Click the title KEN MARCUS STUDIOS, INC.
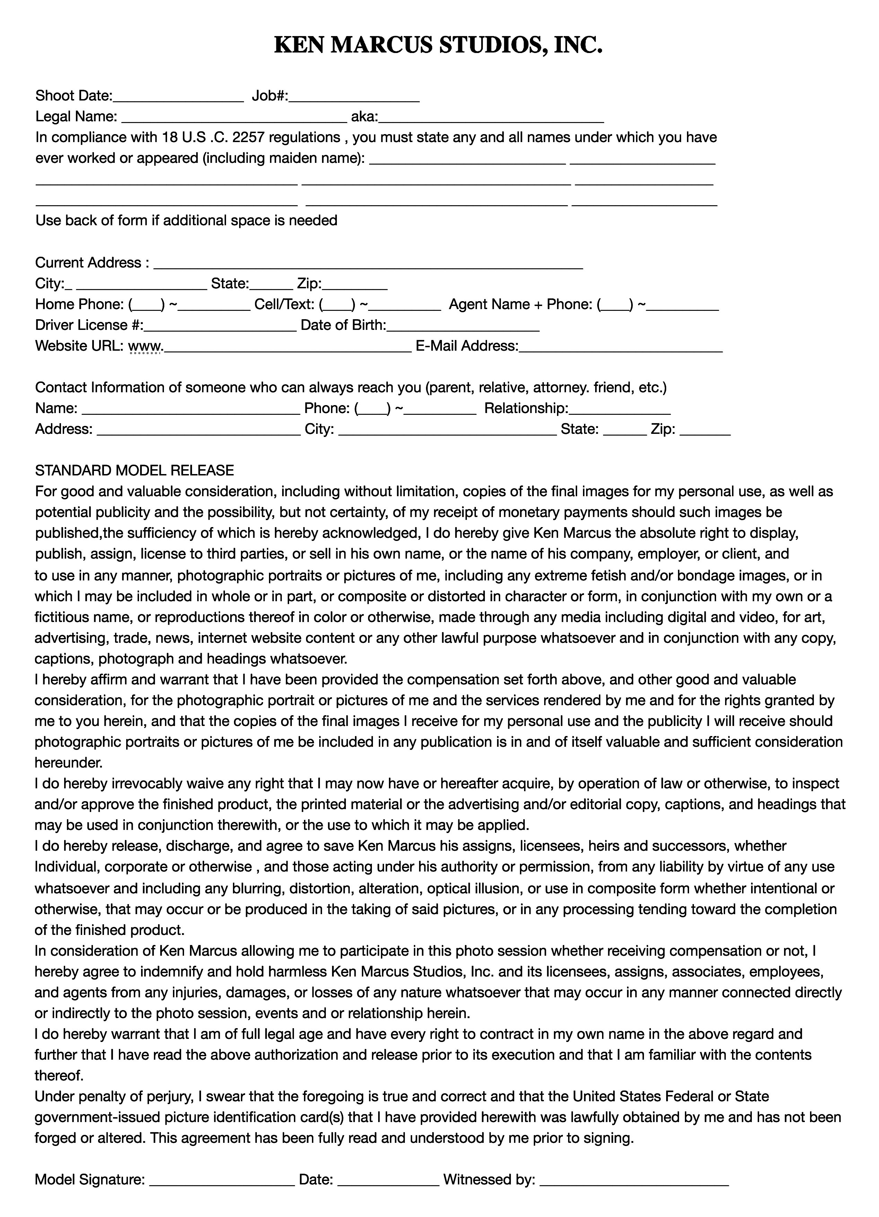pos(438,46)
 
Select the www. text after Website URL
pos(146,346)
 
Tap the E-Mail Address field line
pos(620,350)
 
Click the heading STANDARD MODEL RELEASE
pos(134,471)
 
